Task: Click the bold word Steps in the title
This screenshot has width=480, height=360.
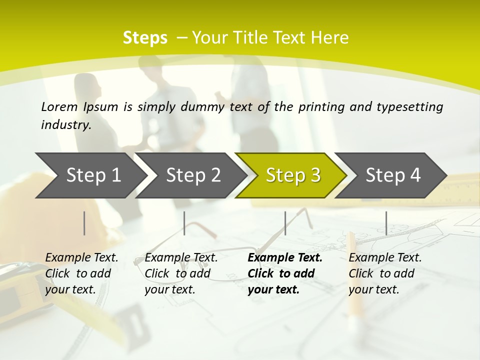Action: click(145, 38)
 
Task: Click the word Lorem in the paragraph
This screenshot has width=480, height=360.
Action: click(59, 106)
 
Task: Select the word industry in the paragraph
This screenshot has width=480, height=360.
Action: click(66, 125)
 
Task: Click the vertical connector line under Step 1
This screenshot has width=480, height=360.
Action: click(84, 223)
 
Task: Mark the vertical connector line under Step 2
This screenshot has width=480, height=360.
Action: click(184, 223)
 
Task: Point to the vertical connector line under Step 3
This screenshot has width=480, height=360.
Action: click(285, 223)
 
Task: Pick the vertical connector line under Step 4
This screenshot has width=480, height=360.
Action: click(386, 223)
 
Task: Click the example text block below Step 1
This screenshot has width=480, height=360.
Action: click(81, 273)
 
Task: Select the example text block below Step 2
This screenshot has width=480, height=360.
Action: click(181, 273)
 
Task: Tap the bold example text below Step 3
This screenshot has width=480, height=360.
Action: click(284, 273)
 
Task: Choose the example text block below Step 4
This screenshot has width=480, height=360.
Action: click(385, 273)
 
